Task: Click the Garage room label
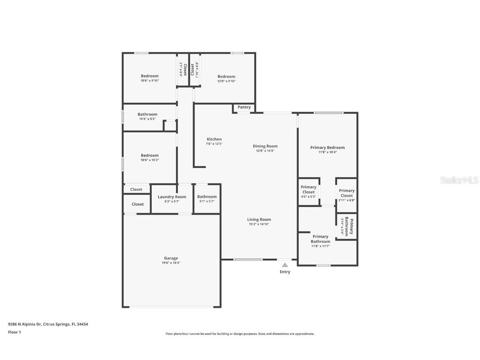[x=171, y=258]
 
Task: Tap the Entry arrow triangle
[x=285, y=265]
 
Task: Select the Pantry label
[x=244, y=107]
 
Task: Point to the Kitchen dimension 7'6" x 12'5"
[x=214, y=144]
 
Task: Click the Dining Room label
[x=265, y=146]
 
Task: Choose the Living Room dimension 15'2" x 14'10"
[x=259, y=224]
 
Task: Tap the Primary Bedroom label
[x=327, y=147]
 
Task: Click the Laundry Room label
[x=172, y=197]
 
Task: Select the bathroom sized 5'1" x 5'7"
[x=207, y=197]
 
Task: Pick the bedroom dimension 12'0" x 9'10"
[x=226, y=81]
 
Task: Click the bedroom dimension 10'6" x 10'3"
[x=150, y=160]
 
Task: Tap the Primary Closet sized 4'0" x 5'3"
[x=308, y=190]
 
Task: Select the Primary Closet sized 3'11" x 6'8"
[x=347, y=193]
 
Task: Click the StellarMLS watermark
[x=459, y=180]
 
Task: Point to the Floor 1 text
[x=14, y=332]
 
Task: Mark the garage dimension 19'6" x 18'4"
[x=171, y=263]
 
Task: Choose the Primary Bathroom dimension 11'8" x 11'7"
[x=320, y=246]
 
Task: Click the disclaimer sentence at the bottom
[x=240, y=334]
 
